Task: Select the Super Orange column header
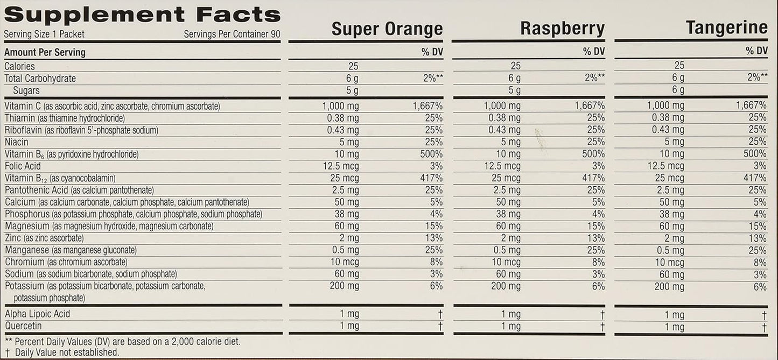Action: coord(387,29)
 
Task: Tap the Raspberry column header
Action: coord(562,29)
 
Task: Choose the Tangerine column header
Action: coord(726,28)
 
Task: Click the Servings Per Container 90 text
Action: coord(232,34)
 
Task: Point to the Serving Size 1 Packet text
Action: coord(44,34)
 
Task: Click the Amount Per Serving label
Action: coord(45,53)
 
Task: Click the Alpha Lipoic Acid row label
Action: coord(37,314)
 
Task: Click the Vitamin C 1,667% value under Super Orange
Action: coord(427,106)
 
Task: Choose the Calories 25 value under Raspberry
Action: coord(515,66)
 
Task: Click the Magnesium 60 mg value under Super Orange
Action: coord(344,226)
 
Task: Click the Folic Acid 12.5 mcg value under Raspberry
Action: coord(502,166)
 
